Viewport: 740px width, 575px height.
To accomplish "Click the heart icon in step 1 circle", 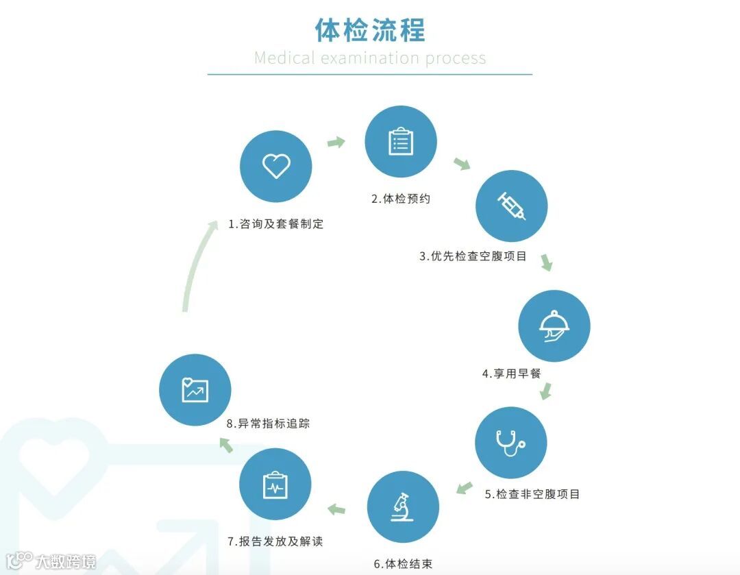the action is [x=276, y=166].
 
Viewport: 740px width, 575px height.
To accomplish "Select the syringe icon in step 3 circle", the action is [x=512, y=206].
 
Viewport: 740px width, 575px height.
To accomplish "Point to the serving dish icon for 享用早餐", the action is [x=554, y=326].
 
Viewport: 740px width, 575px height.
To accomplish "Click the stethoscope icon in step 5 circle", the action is [x=510, y=443].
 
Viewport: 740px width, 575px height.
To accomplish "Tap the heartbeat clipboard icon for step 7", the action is [x=275, y=485].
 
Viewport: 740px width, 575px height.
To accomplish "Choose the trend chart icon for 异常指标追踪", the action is [x=195, y=389].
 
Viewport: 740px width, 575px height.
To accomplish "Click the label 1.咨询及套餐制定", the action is [x=276, y=224].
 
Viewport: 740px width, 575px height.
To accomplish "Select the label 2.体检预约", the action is [x=401, y=199].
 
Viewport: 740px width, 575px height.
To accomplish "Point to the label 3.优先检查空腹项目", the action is [x=473, y=256].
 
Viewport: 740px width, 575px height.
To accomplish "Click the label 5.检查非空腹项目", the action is [x=532, y=494].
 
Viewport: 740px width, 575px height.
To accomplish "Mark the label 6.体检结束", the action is [x=403, y=564].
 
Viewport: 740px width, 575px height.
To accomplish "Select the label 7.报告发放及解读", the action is [x=275, y=541].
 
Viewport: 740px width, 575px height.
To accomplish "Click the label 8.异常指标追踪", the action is [x=268, y=424].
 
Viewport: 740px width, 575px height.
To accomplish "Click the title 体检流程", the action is [x=370, y=30].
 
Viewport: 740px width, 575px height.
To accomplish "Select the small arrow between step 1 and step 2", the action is [x=336, y=143].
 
